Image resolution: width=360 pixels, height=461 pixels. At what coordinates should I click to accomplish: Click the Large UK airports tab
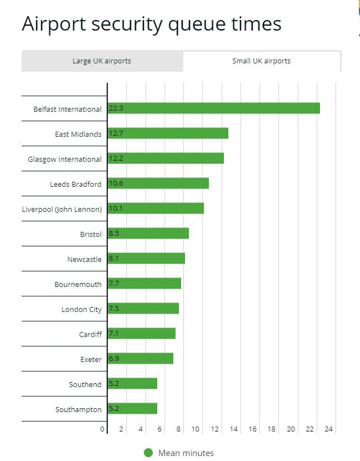click(x=102, y=61)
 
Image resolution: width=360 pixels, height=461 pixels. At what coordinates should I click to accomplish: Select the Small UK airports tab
click(x=261, y=61)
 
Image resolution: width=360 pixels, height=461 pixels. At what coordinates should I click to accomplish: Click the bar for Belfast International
click(x=214, y=108)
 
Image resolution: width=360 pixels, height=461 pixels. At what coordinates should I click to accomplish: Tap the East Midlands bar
click(x=168, y=133)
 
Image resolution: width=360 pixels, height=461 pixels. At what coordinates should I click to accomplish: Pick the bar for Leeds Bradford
click(x=158, y=184)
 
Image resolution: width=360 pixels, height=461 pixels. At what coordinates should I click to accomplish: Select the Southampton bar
click(x=132, y=409)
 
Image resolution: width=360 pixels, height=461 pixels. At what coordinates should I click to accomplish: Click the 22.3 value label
click(x=116, y=108)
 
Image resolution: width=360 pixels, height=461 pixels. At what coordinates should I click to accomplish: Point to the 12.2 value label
click(x=116, y=158)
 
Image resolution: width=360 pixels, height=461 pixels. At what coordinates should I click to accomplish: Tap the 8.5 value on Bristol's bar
click(x=114, y=234)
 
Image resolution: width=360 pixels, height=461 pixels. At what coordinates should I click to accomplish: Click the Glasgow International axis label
click(x=64, y=159)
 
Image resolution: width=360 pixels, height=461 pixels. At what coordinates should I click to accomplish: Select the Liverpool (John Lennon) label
click(x=62, y=209)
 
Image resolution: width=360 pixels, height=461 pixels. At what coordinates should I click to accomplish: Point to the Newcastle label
click(x=84, y=259)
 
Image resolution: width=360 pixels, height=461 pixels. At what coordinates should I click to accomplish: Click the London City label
click(x=82, y=309)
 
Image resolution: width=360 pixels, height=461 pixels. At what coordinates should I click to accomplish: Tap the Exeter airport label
click(x=91, y=359)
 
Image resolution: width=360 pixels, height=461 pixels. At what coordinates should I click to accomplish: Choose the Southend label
click(x=86, y=384)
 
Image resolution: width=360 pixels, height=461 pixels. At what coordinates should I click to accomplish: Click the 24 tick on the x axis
click(x=329, y=429)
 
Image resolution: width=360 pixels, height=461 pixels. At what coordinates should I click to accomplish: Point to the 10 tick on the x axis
click(x=196, y=429)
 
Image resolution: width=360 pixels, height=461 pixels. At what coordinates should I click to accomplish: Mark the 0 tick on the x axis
click(x=103, y=429)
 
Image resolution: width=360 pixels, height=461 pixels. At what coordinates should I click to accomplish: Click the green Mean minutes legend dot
click(x=148, y=453)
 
